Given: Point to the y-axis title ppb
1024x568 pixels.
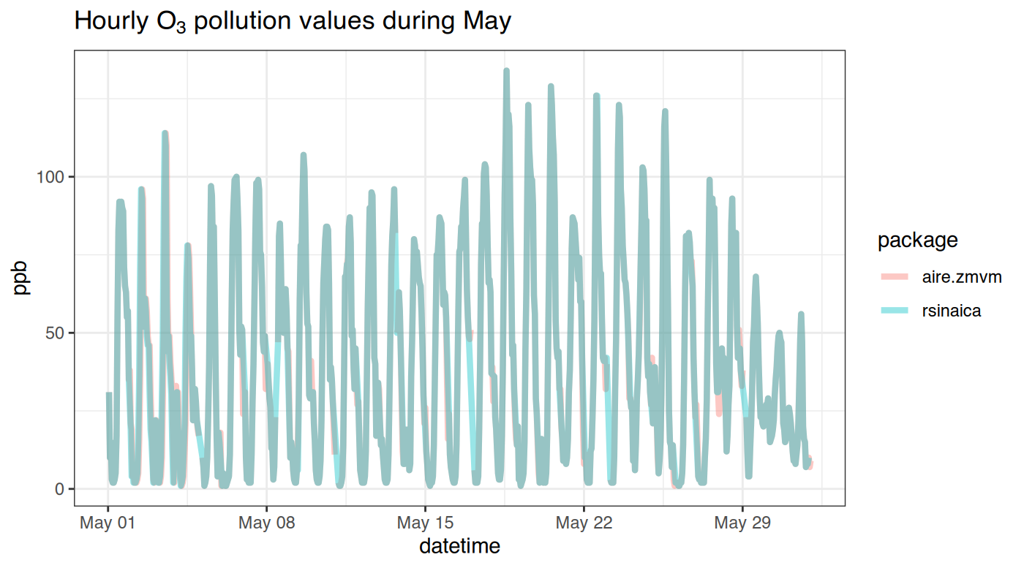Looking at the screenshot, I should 21,277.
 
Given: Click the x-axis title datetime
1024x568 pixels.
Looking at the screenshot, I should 459,545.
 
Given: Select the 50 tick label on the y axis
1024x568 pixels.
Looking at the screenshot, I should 56,333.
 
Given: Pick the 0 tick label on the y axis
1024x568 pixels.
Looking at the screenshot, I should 60,488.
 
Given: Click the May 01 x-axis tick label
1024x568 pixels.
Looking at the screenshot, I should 108,523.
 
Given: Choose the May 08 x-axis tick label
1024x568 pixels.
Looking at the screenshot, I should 266,523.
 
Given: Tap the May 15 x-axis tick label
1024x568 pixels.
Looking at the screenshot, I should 425,523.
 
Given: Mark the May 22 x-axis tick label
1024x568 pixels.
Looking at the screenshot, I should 584,523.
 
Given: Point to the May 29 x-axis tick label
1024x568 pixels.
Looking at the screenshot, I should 742,523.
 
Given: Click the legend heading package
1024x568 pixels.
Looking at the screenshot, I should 917,240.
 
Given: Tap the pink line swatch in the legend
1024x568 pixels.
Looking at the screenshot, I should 893,277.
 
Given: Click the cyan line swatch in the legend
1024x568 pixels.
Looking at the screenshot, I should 893,311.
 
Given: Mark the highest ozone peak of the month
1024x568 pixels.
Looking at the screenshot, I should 506,71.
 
